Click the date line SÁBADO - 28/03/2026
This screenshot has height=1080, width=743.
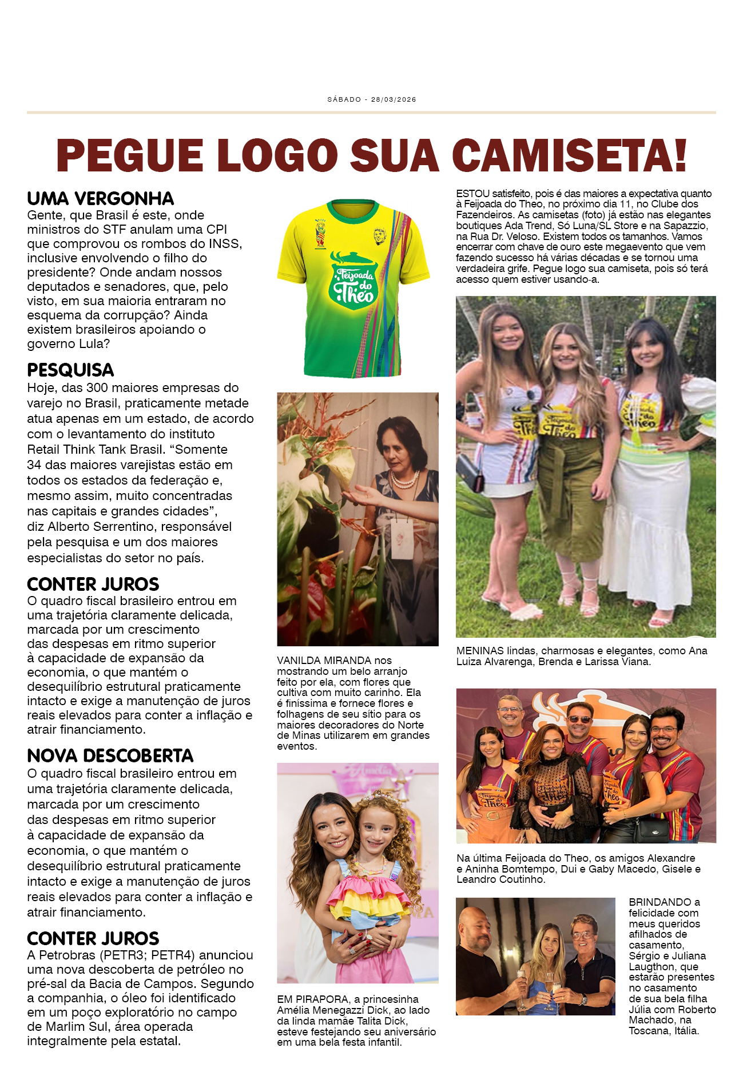click(371, 99)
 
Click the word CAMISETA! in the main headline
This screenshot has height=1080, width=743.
click(569, 155)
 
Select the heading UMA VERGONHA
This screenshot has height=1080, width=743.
click(100, 199)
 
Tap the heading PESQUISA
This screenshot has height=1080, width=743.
click(70, 370)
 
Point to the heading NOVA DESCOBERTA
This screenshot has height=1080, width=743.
click(110, 756)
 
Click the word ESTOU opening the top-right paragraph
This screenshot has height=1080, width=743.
click(472, 194)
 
